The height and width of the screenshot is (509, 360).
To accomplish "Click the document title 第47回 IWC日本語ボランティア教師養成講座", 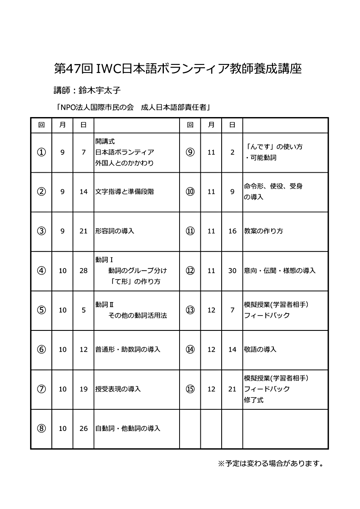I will (x=178, y=68).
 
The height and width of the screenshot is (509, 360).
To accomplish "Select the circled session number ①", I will (x=41, y=152).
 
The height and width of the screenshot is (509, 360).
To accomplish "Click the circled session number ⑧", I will (x=41, y=428).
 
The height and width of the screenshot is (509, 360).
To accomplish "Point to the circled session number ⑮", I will (x=190, y=389).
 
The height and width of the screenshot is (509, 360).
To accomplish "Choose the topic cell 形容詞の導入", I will (x=115, y=231).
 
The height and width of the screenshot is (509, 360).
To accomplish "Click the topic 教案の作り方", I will (x=264, y=231).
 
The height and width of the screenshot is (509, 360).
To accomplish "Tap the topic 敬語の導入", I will (x=260, y=350).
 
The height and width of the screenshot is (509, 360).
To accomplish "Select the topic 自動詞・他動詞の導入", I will (x=128, y=428).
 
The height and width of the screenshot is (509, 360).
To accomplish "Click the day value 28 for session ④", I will (x=84, y=271).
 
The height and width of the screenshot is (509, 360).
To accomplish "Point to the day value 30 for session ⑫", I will (x=232, y=271).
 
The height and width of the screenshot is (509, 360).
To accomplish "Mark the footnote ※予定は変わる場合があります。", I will (x=271, y=463).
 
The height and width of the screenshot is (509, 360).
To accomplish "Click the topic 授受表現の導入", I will (x=118, y=389).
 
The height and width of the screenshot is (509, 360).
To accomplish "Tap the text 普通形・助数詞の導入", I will (x=128, y=350).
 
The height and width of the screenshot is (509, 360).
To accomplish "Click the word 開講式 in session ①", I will (x=105, y=142).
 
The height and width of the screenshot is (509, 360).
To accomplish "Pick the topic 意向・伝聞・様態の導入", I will (x=280, y=271).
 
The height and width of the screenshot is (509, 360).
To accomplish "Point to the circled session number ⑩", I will (x=190, y=192).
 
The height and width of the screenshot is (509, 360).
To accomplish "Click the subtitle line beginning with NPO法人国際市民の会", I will (x=134, y=107).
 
